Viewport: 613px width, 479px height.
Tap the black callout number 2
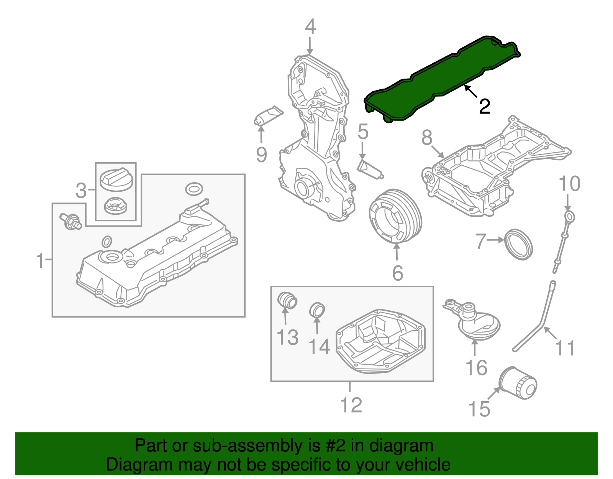485,106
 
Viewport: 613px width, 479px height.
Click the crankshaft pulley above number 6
395,217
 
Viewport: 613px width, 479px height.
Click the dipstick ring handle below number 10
570,217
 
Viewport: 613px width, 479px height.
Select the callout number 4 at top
310,27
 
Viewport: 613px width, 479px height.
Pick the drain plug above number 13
287,300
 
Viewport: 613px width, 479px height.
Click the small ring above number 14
317,309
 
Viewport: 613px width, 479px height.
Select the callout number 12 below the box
351,405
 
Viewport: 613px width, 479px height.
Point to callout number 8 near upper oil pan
427,137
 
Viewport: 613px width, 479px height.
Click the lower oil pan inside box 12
381,341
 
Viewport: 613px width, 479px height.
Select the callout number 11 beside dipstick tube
565,348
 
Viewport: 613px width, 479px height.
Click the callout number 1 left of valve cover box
40,260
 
